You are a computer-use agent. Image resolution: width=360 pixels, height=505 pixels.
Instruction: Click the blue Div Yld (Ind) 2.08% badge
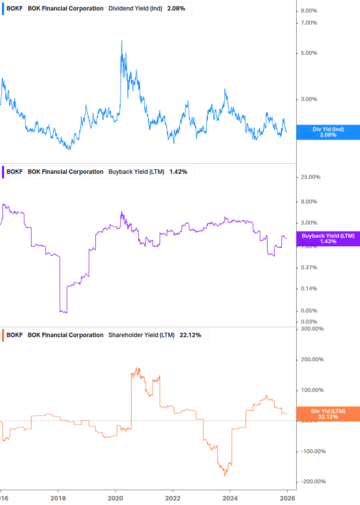[328, 132]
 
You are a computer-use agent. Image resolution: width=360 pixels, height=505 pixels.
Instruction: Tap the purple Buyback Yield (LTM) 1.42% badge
[328, 239]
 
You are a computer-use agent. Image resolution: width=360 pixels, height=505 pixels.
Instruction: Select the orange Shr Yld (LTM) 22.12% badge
[328, 414]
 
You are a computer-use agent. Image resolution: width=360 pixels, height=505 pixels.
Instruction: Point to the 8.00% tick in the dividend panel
[309, 11]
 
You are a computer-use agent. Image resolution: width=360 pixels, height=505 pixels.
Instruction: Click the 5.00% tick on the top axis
[309, 53]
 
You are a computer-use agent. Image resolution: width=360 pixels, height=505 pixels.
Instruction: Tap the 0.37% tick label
[309, 268]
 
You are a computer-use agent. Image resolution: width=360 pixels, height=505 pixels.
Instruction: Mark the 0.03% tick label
[309, 322]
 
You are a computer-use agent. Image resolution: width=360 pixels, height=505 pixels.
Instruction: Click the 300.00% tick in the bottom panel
[311, 329]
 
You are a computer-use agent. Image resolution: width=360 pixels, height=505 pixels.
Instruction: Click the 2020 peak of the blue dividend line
[122, 41]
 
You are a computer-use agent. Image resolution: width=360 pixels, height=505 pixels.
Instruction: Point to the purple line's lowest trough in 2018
[63, 312]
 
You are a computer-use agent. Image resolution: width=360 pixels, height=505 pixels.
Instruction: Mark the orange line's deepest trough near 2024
[225, 474]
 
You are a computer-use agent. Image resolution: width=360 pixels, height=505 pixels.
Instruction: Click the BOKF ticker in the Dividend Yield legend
[14, 9]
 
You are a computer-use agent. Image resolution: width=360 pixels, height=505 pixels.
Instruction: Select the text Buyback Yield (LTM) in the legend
[136, 172]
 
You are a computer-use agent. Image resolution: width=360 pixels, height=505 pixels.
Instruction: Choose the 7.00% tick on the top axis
[309, 23]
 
